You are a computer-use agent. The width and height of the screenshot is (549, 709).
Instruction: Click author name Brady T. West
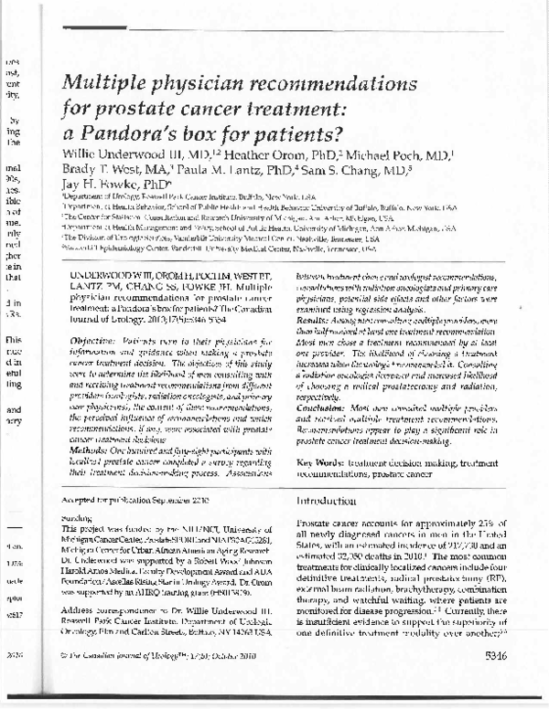pos(100,167)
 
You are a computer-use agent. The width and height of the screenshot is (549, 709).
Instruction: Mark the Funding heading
pos(78,516)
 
